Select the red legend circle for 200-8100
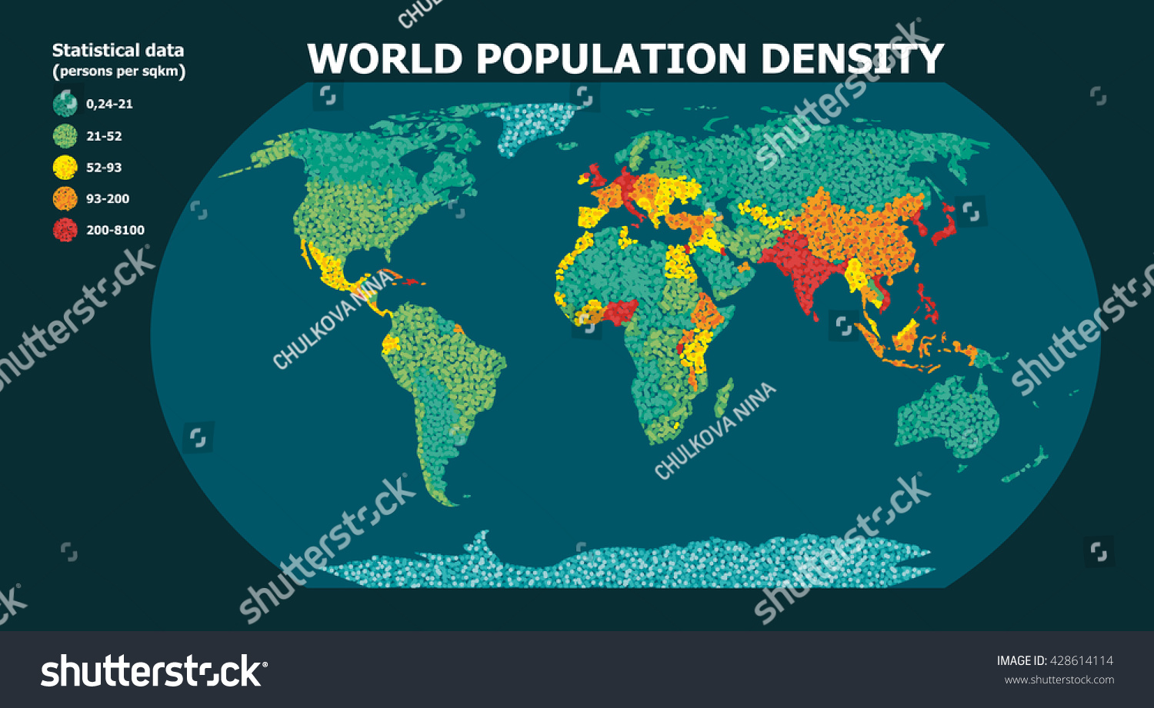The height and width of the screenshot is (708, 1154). [65, 230]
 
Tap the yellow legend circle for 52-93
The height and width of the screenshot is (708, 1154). [65, 168]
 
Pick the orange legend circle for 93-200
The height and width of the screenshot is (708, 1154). [65, 198]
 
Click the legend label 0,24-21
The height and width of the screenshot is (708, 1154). [109, 104]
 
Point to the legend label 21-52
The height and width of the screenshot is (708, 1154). [104, 136]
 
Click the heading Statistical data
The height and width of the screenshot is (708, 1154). [118, 51]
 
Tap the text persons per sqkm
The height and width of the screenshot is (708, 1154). [118, 71]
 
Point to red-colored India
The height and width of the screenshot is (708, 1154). [800, 265]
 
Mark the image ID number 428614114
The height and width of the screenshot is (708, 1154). [1081, 660]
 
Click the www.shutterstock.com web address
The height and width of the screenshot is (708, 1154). [1059, 680]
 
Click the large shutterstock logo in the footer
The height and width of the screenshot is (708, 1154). [154, 671]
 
